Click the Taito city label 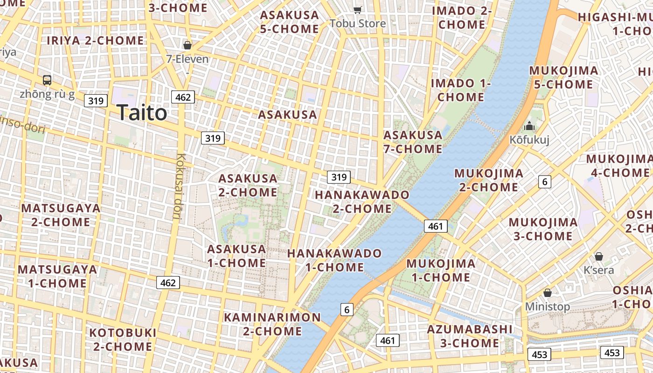[142, 113]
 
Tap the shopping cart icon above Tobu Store [358, 10]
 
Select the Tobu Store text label [358, 23]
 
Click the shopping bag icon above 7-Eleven [188, 45]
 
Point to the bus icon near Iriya [47, 80]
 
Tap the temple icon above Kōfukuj [529, 126]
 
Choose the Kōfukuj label [529, 139]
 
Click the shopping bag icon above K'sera [599, 256]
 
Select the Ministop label [548, 306]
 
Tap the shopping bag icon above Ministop [548, 293]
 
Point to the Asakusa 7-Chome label [413, 142]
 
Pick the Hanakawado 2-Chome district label [362, 201]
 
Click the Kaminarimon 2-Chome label [272, 324]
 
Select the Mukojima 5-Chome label [563, 77]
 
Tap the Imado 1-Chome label [461, 90]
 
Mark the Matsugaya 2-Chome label [61, 215]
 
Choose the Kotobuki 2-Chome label [123, 339]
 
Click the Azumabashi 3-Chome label [470, 336]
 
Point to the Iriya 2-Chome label [95, 41]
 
